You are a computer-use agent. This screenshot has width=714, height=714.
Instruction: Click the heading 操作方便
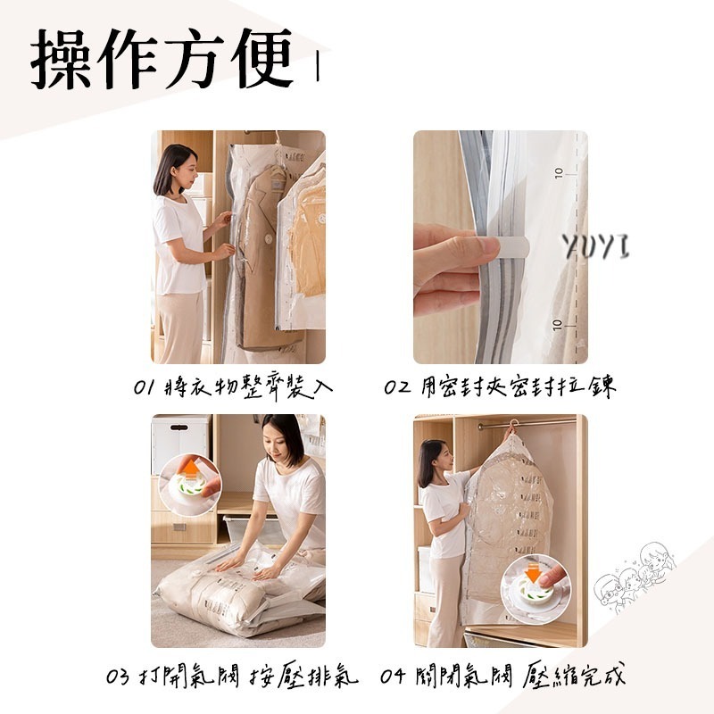tap(162, 60)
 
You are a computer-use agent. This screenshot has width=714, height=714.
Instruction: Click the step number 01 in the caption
tap(144, 388)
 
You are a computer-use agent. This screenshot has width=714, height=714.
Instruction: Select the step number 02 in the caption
tap(396, 388)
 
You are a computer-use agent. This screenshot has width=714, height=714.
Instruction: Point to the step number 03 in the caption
tap(118, 677)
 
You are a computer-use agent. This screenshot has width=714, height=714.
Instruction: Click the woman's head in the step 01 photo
tap(173, 167)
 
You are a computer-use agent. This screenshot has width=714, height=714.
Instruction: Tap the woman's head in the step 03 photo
tap(283, 437)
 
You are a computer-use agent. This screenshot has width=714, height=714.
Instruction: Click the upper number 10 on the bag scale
tap(559, 171)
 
